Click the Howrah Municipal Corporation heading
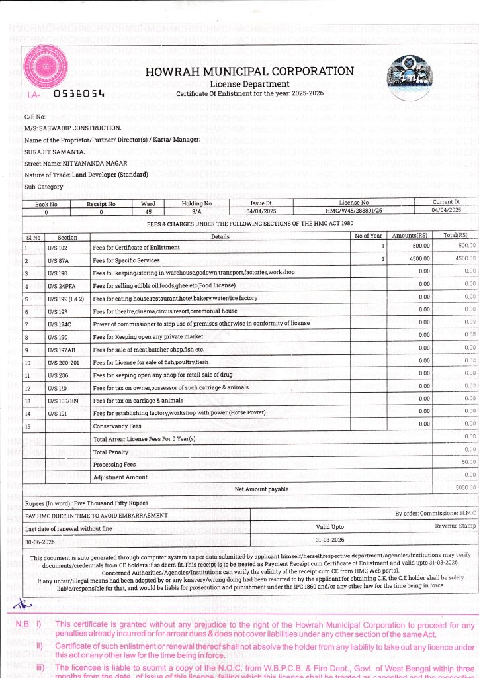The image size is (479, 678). pos(249,72)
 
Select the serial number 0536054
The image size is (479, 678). pos(79,94)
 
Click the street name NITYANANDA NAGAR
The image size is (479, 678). pos(94,162)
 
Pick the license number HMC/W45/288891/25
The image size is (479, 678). pos(354,210)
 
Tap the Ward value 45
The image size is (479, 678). pos(148,210)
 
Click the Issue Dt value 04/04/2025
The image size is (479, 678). pos(255,210)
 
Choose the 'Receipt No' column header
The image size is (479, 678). pos(101,203)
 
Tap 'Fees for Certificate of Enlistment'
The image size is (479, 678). pos(132,247)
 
